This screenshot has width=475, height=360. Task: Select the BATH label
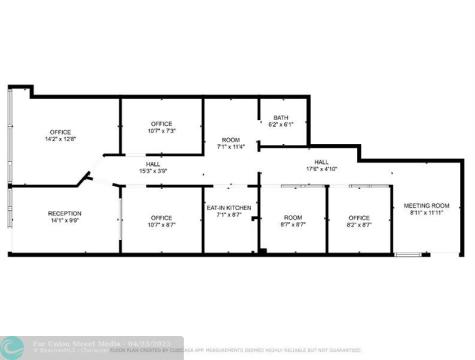[x=281, y=118]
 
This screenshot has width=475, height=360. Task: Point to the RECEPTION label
[x=64, y=213]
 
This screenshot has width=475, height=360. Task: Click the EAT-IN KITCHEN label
[x=230, y=208]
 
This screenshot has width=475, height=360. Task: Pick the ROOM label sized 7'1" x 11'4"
[x=231, y=140]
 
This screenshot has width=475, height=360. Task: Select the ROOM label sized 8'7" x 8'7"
[x=293, y=217]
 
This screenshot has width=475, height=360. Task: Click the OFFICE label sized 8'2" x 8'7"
[x=359, y=217]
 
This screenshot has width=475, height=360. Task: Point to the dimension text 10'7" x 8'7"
[x=162, y=224]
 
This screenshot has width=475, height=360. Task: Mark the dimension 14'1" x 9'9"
[x=64, y=220]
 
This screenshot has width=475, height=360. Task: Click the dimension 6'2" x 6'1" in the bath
[x=281, y=125]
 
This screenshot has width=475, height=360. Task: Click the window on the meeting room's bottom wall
[x=408, y=253]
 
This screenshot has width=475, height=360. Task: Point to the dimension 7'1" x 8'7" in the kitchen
[x=230, y=215]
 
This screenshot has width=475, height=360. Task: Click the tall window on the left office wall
[x=10, y=140]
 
